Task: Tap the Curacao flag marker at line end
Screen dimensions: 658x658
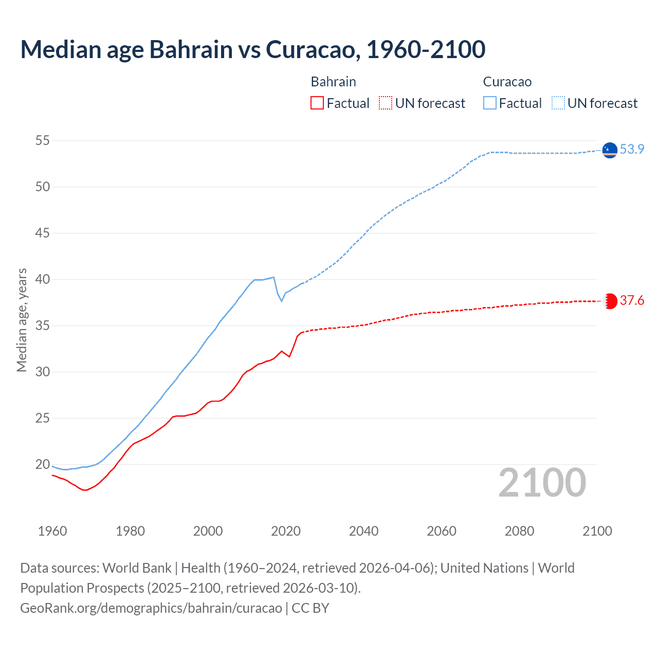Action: (x=610, y=150)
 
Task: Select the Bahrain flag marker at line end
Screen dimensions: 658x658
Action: (x=610, y=301)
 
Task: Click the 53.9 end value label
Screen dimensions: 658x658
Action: (x=632, y=149)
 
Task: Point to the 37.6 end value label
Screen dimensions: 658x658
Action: (x=632, y=300)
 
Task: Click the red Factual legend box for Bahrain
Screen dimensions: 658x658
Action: (x=317, y=103)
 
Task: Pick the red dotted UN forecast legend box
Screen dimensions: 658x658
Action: (x=386, y=103)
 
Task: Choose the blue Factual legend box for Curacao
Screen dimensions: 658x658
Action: (x=489, y=103)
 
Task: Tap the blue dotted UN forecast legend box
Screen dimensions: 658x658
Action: (x=558, y=103)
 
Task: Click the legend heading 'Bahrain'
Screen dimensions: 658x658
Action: (x=333, y=82)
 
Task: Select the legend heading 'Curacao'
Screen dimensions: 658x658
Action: (x=507, y=82)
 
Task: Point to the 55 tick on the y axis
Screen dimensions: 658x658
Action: (x=43, y=140)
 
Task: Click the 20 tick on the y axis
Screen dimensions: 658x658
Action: (x=43, y=464)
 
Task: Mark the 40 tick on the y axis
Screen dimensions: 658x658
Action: (x=43, y=279)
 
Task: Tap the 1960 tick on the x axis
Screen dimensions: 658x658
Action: (x=52, y=531)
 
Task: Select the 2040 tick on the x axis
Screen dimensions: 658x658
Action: (x=363, y=531)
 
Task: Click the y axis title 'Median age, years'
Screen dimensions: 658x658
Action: (x=22, y=320)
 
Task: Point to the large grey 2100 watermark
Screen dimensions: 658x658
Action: (x=542, y=483)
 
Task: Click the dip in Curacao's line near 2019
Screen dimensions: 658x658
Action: (x=281, y=301)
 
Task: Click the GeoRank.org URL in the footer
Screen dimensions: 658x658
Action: (x=151, y=608)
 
